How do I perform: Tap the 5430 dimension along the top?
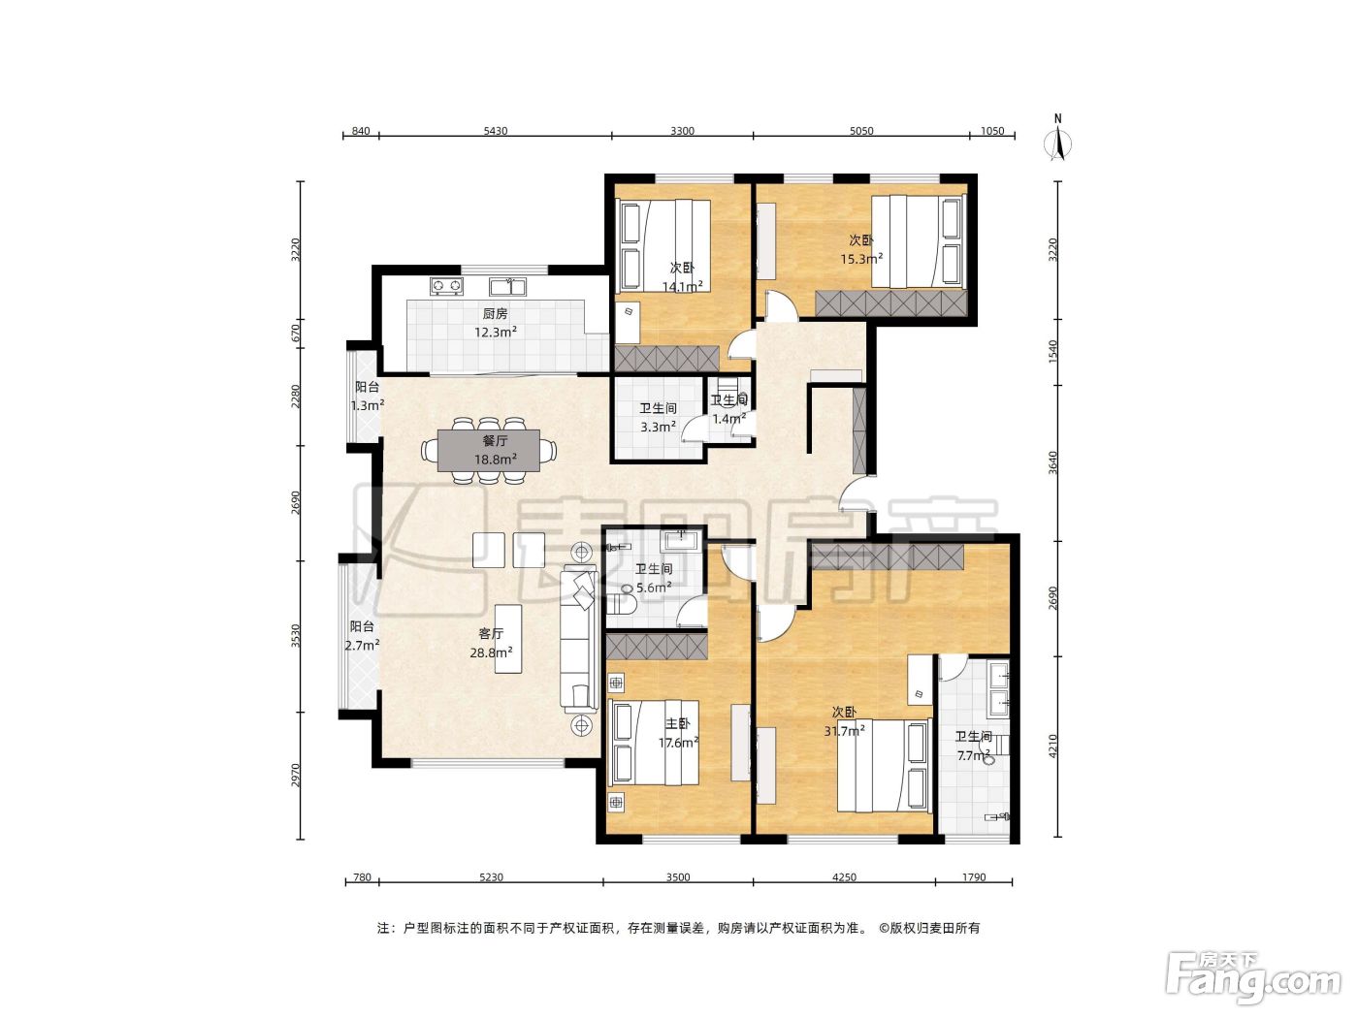pyautogui.click(x=496, y=131)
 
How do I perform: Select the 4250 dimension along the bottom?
pyautogui.click(x=844, y=877)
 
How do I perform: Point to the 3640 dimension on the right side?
pyautogui.click(x=1054, y=463)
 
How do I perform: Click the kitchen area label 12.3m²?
pyautogui.click(x=496, y=332)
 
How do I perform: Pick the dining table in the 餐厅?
pyautogui.click(x=489, y=450)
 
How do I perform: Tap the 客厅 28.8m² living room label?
pyautogui.click(x=491, y=643)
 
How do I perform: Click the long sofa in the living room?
pyautogui.click(x=578, y=639)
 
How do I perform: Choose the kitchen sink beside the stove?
pyautogui.click(x=508, y=286)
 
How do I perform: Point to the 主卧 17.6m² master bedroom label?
pyautogui.click(x=679, y=733)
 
